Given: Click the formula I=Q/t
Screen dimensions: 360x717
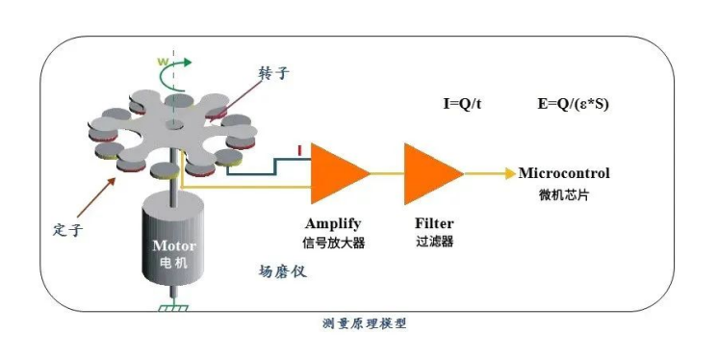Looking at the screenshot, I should tap(462, 103).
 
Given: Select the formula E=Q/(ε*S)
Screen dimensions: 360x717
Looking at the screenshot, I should tap(576, 103).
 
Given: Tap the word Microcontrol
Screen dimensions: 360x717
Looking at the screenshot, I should tap(564, 173).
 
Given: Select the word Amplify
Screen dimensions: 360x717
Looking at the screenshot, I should tap(334, 222).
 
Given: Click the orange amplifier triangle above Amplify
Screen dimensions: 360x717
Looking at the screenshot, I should tap(337, 172).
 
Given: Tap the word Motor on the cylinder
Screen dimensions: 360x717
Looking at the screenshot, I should tap(174, 244).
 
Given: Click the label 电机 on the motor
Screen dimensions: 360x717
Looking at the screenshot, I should tap(174, 261).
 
